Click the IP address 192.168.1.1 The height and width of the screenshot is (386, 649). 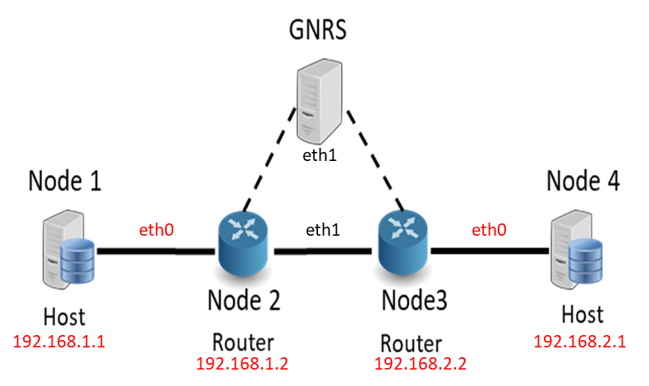coord(58,342)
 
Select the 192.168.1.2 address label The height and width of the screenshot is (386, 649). coord(242,363)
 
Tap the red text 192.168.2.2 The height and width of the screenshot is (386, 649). coord(420,363)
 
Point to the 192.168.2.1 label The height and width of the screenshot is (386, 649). coord(579,342)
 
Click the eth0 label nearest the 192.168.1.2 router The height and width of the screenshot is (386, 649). coord(156,231)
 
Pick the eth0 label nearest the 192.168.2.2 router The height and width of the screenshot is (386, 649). coord(489,231)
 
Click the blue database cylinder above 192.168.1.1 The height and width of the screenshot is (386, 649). coord(78,260)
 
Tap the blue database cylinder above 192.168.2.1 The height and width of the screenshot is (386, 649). coord(586,260)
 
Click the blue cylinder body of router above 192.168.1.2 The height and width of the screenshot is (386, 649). coord(243,254)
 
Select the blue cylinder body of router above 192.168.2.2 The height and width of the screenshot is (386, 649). coord(403,254)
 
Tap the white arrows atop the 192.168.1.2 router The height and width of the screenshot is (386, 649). coord(243,226)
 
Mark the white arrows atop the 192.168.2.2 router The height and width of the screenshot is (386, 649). coord(403,226)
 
